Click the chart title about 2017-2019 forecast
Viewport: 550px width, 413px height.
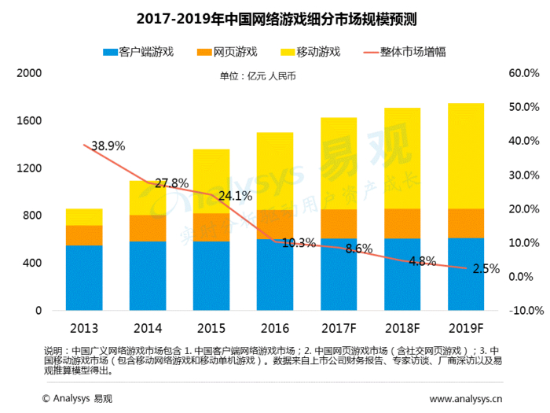274,17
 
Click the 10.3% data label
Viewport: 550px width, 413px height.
299,242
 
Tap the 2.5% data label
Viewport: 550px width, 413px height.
486,269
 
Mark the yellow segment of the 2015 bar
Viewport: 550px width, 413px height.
211,181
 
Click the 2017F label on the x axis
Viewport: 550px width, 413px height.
339,326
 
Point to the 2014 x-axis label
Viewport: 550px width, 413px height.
148,326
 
